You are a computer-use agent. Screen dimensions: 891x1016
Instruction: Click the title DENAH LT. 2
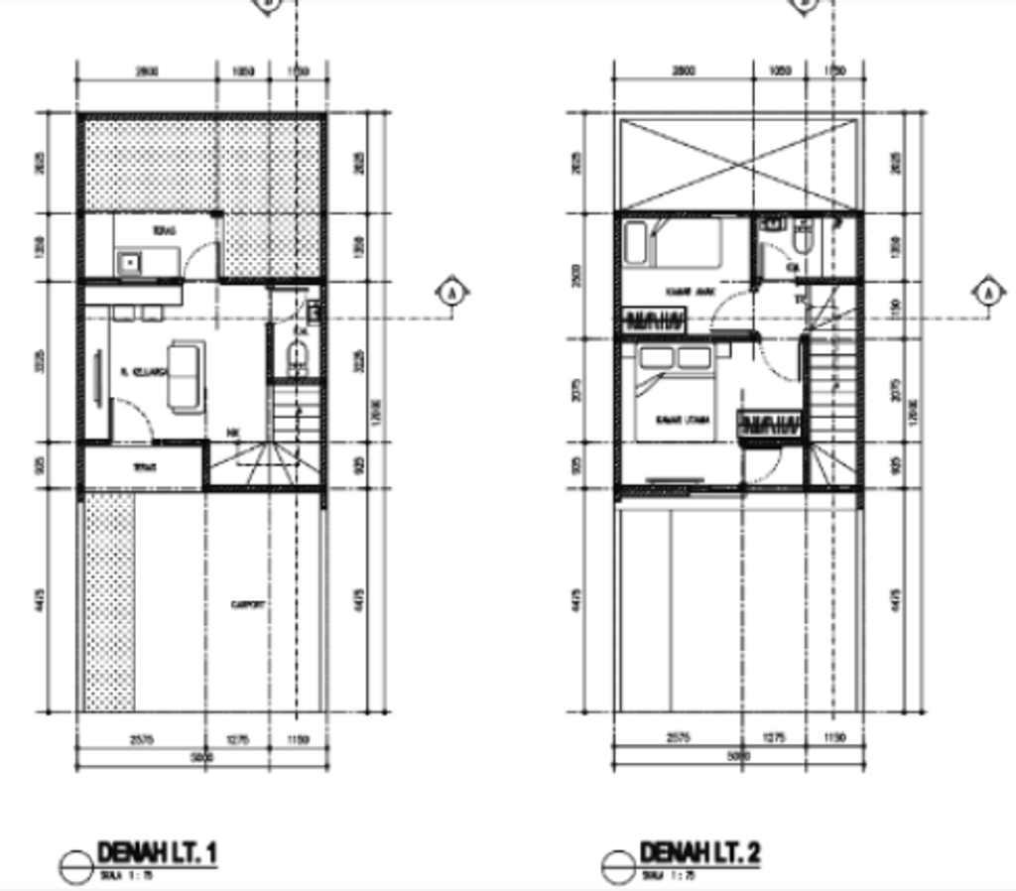pos(699,852)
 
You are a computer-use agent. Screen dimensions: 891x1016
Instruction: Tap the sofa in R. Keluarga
pos(187,375)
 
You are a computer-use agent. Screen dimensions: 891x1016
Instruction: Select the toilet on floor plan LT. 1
pos(297,356)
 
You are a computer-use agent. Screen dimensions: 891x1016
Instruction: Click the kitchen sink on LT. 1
pos(129,262)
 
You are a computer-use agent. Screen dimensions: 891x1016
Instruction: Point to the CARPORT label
pos(247,603)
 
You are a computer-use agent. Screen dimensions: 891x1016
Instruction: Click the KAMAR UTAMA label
pos(685,421)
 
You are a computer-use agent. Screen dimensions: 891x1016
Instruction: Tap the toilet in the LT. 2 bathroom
pos(803,238)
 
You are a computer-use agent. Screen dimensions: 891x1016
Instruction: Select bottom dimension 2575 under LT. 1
pos(140,737)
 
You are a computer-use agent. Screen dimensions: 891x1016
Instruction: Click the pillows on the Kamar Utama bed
pos(675,357)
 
